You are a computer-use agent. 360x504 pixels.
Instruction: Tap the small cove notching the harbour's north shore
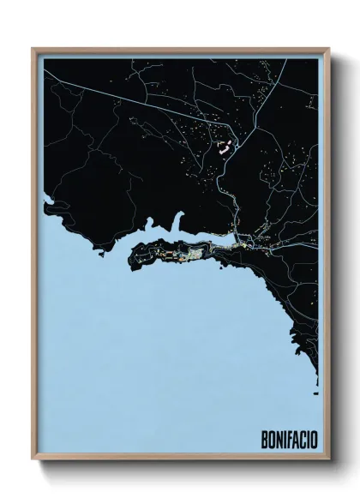[x=180, y=230]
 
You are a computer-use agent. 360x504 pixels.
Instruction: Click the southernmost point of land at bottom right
[x=316, y=377]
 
